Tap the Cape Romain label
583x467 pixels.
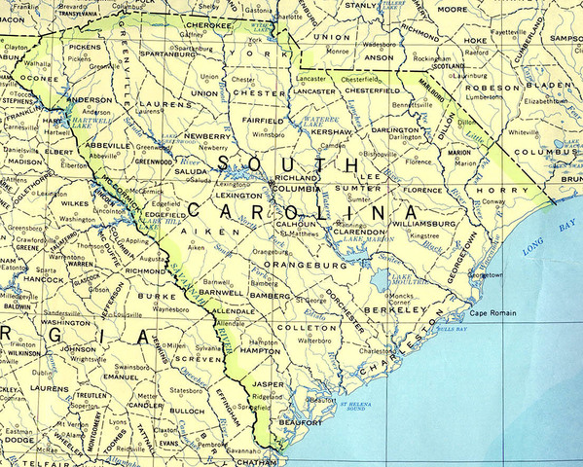pos(492,312)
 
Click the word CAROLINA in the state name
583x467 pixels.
pos(303,210)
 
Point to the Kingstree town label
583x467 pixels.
pos(424,235)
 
